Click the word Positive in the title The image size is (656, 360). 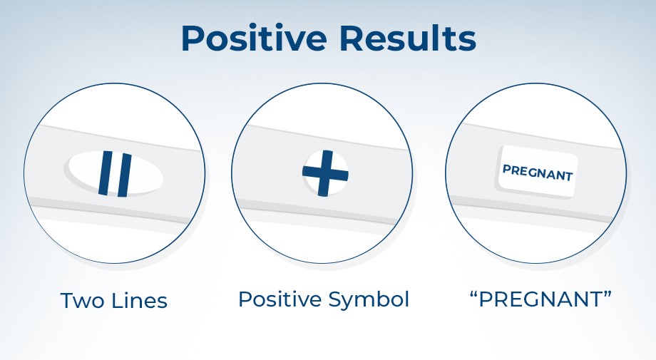254,38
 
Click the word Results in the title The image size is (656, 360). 408,38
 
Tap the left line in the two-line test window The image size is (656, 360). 106,173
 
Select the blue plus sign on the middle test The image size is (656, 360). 325,173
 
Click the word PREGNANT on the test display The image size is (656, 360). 538,173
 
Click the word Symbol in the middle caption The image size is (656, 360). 369,300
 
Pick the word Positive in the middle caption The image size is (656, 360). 281,299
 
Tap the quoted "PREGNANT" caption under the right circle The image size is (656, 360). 540,299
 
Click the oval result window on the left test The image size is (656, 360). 113,173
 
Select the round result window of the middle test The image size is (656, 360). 325,173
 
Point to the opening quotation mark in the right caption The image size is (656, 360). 474,294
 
